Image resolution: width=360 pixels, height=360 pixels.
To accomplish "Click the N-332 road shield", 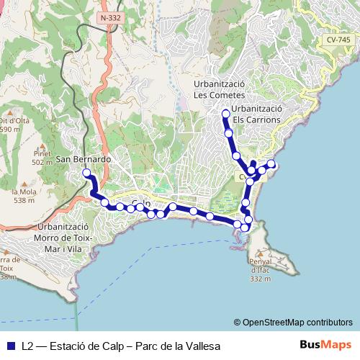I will point(111,17).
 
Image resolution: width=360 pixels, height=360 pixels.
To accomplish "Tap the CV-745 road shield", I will point(335,40).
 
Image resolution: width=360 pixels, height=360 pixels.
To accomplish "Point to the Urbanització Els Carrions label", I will point(246,114).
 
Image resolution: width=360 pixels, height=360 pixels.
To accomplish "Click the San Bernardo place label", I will point(83,158).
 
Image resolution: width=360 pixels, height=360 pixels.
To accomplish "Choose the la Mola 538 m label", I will point(24,196).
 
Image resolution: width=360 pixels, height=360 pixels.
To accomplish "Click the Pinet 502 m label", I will point(42,158).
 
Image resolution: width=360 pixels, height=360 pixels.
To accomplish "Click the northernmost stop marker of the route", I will point(226,113).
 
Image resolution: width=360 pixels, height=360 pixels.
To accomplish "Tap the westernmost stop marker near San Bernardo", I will point(86,173).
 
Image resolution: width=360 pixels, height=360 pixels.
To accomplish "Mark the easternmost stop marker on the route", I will point(272,164).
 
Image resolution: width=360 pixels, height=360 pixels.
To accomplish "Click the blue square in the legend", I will point(9,345).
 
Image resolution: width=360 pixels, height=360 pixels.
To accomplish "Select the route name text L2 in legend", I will point(28,345).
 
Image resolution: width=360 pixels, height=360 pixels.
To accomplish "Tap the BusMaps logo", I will point(325,344).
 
